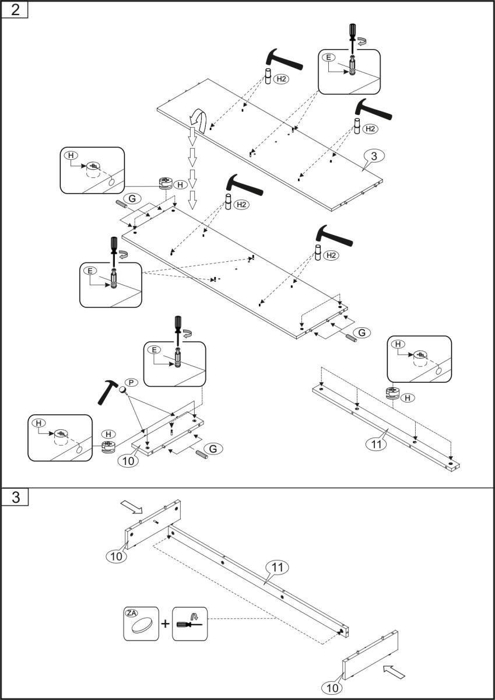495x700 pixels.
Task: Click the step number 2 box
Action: (x=14, y=10)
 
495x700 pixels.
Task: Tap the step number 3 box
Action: (x=14, y=498)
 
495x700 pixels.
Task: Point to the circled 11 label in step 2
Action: (x=377, y=444)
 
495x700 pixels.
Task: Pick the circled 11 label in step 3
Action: (x=278, y=566)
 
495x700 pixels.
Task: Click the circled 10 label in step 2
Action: (x=128, y=460)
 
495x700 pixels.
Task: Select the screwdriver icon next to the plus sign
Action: (x=190, y=624)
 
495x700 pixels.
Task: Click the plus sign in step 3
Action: (x=166, y=624)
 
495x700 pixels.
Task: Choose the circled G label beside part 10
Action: (x=213, y=448)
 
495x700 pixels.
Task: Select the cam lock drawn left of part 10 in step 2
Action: (x=108, y=447)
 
